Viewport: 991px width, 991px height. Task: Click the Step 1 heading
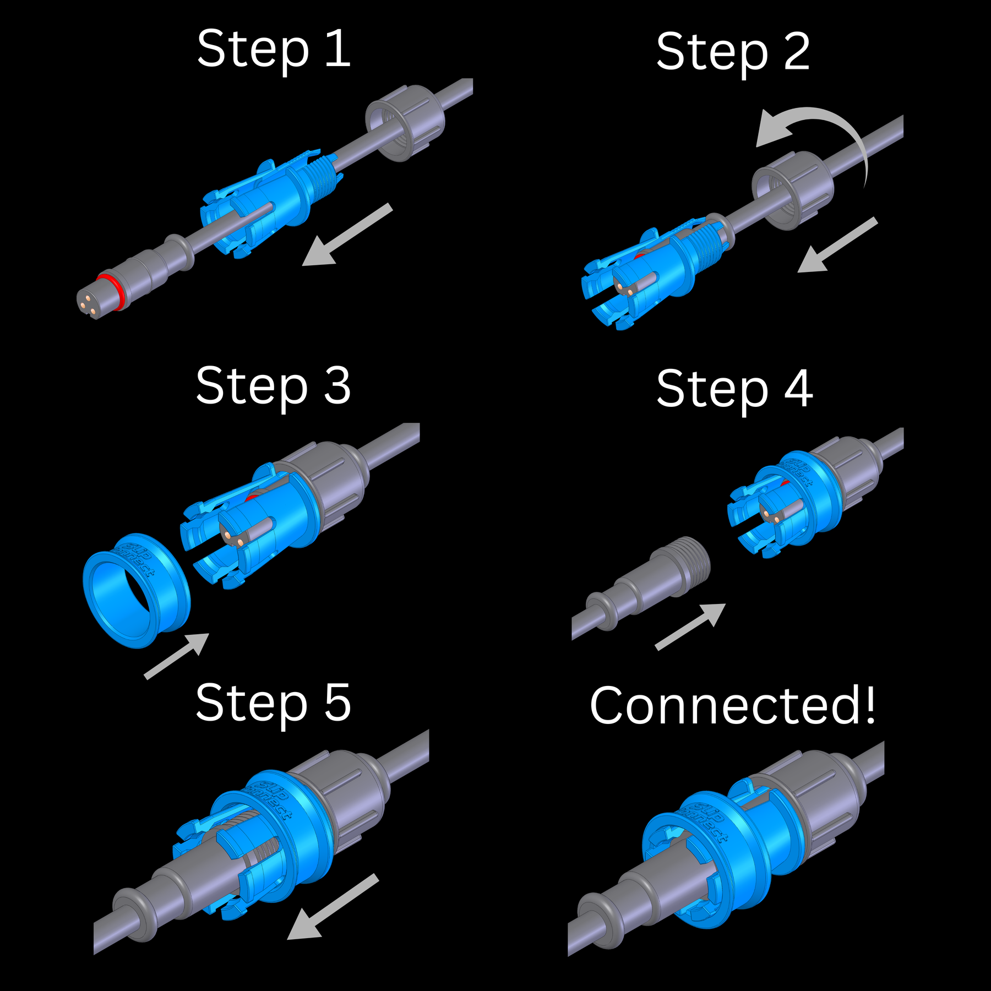[274, 50]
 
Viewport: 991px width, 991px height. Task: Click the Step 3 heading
[274, 386]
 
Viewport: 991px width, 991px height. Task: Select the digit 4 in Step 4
[798, 389]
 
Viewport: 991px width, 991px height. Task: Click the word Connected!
[732, 706]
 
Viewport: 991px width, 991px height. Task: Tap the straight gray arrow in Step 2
[837, 245]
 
